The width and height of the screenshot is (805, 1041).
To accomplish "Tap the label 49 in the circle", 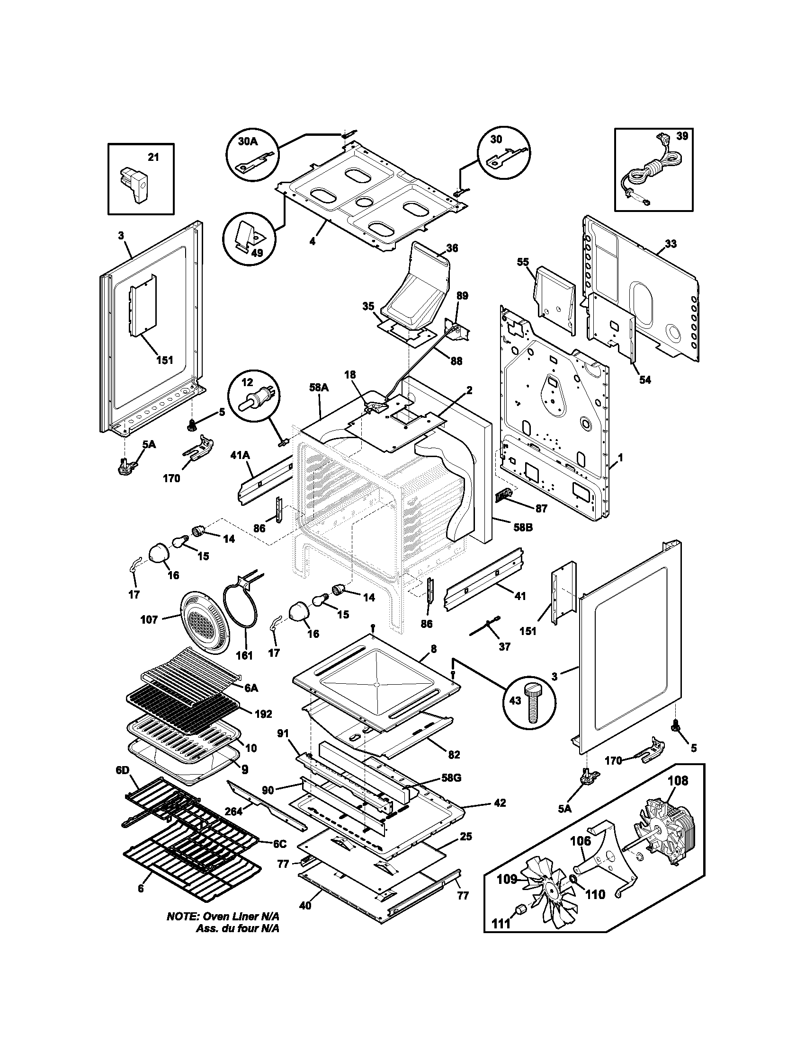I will pos(257,253).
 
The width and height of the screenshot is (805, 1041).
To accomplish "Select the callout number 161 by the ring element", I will pos(244,655).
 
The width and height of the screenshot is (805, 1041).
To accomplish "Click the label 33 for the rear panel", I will pos(670,244).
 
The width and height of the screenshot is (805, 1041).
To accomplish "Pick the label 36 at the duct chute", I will pos(452,248).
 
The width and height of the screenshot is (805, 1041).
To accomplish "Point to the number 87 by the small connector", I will pos(541,509).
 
